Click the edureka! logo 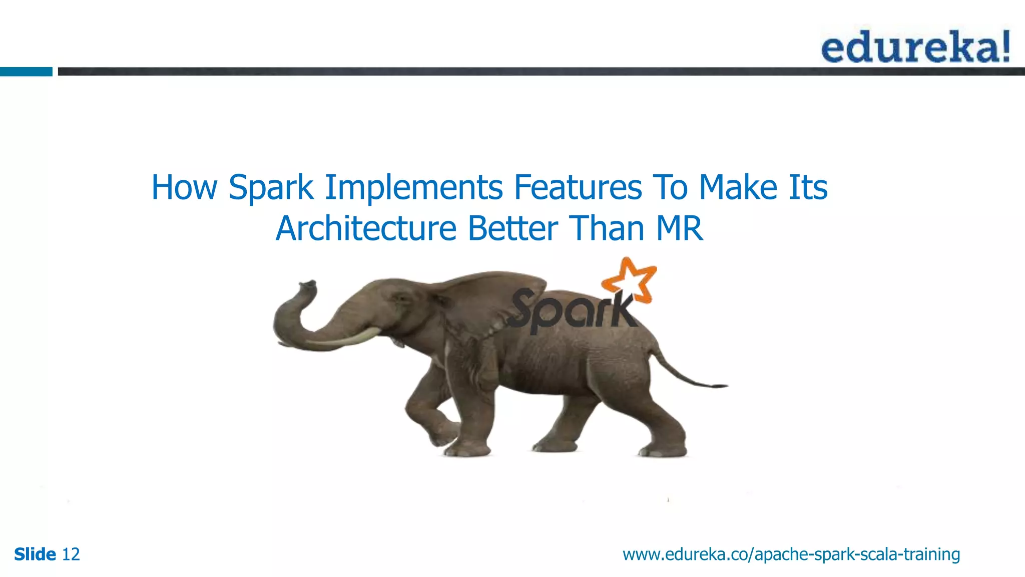915,47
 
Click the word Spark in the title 271,187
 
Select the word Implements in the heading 414,187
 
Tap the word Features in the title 578,187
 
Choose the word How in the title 184,187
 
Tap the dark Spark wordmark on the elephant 571,311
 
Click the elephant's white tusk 345,338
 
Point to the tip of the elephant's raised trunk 306,285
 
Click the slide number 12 71,554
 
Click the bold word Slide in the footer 35,554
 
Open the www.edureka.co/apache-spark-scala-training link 791,554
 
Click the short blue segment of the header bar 26,72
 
